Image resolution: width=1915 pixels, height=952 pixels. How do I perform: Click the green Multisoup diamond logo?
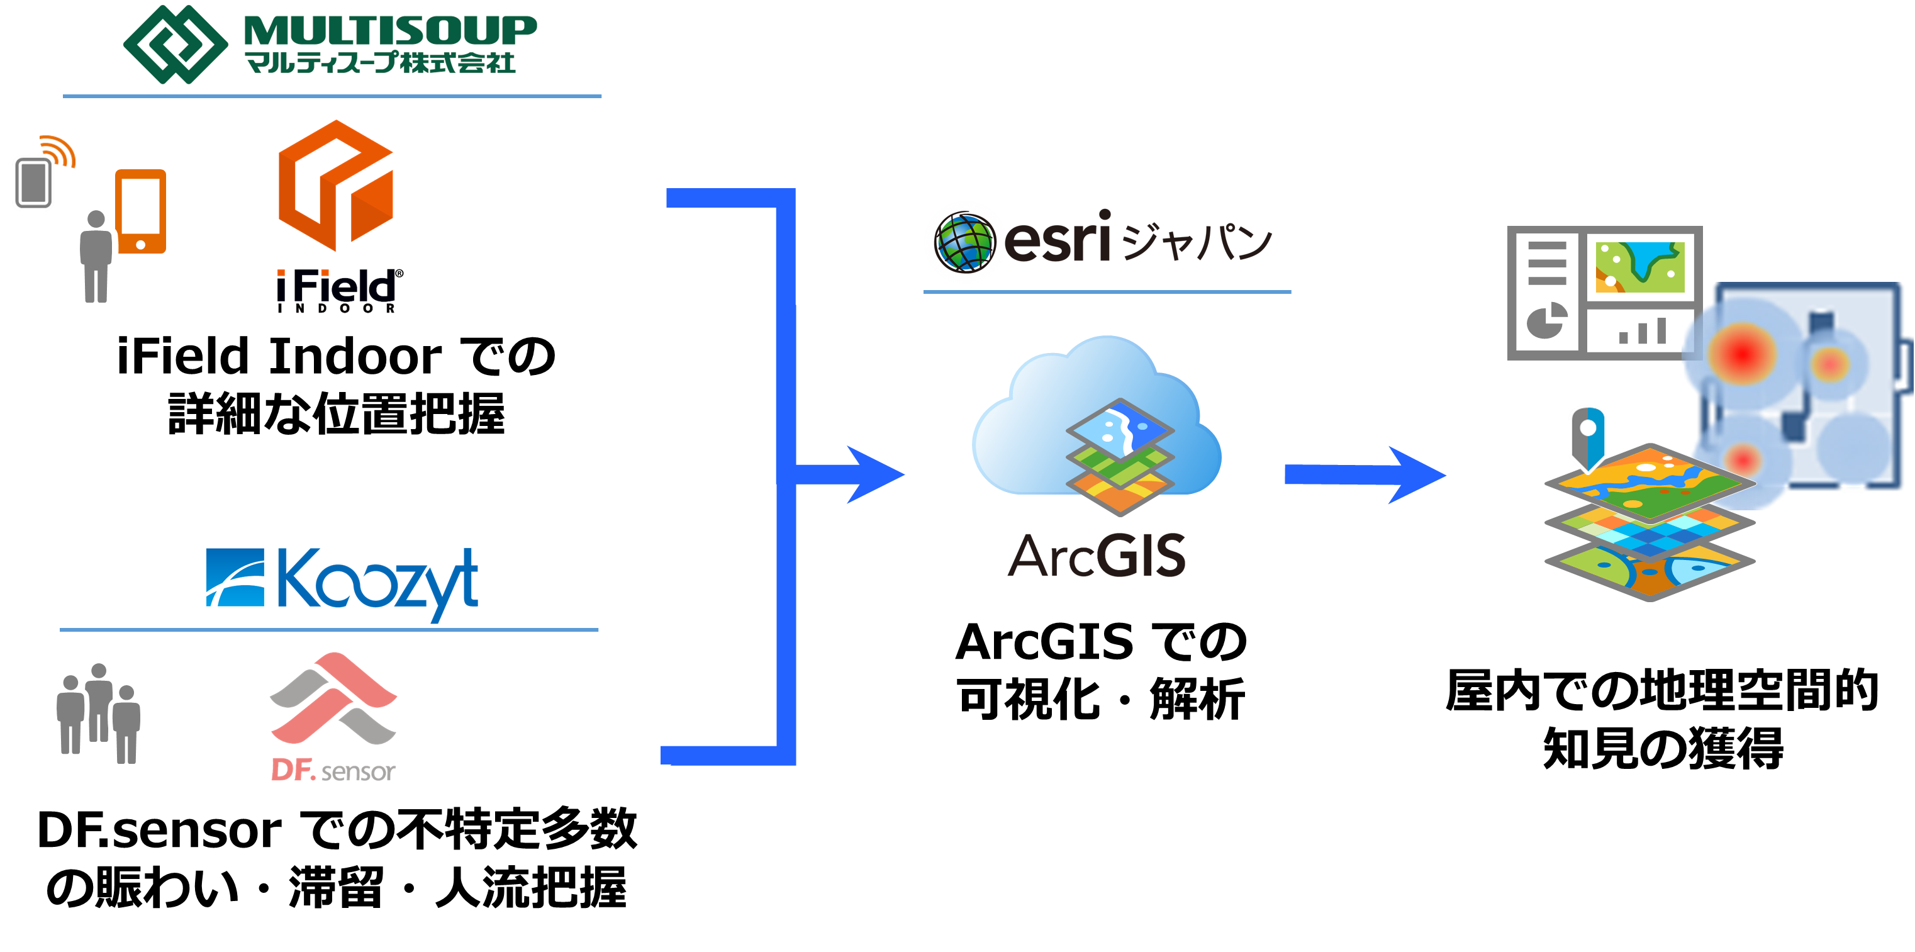176,45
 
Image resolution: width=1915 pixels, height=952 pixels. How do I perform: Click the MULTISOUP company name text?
389,31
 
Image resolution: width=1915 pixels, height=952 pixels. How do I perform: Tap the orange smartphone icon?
140,212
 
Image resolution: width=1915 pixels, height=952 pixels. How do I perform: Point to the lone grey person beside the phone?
96,257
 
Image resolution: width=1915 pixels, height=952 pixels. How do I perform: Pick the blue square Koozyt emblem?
235,577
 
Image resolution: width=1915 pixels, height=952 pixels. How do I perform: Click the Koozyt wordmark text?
377,581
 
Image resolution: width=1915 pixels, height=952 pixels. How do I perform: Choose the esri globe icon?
965,242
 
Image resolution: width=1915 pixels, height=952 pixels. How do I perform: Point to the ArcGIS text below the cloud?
1097,556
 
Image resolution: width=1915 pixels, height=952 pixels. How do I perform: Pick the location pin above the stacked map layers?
1587,437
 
